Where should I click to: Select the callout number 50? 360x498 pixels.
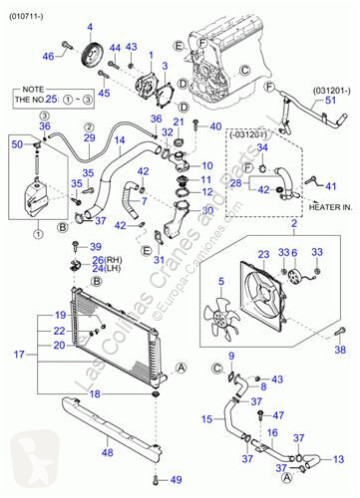click(15, 146)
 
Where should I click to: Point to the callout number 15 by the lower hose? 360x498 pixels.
click(207, 418)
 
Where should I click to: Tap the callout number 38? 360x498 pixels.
click(338, 350)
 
